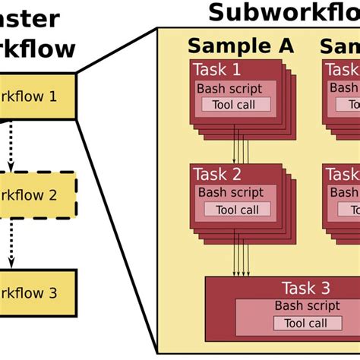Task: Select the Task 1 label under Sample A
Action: coord(216,71)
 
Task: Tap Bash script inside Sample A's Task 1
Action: coord(230,89)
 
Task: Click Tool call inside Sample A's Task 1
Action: coord(235,104)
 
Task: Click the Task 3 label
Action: coord(305,288)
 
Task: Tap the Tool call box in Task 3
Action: coord(305,324)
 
